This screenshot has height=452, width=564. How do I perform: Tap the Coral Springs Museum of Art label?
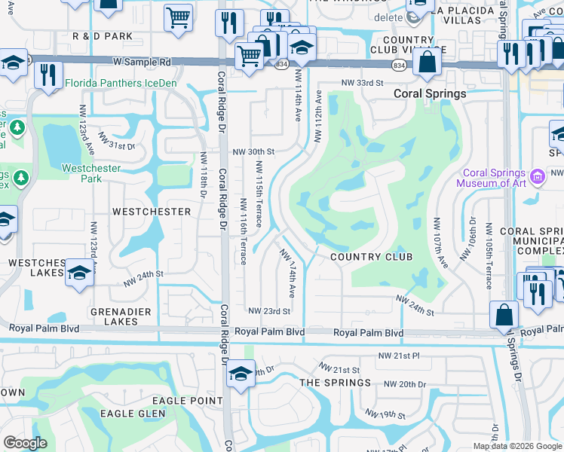(x=494, y=178)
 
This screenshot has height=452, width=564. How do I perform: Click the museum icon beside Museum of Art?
(x=538, y=178)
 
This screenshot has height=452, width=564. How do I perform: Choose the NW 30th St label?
(x=253, y=151)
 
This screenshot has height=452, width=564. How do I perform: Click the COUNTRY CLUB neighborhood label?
(x=372, y=257)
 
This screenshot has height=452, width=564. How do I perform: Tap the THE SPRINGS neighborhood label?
(x=336, y=383)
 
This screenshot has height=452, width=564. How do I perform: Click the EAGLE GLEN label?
(x=133, y=414)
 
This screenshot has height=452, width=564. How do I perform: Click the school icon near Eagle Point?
(x=240, y=374)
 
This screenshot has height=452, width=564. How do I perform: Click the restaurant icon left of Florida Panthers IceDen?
(x=48, y=75)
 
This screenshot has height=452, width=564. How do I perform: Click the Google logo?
(x=25, y=443)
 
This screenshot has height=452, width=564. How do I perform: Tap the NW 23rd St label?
(x=269, y=311)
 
